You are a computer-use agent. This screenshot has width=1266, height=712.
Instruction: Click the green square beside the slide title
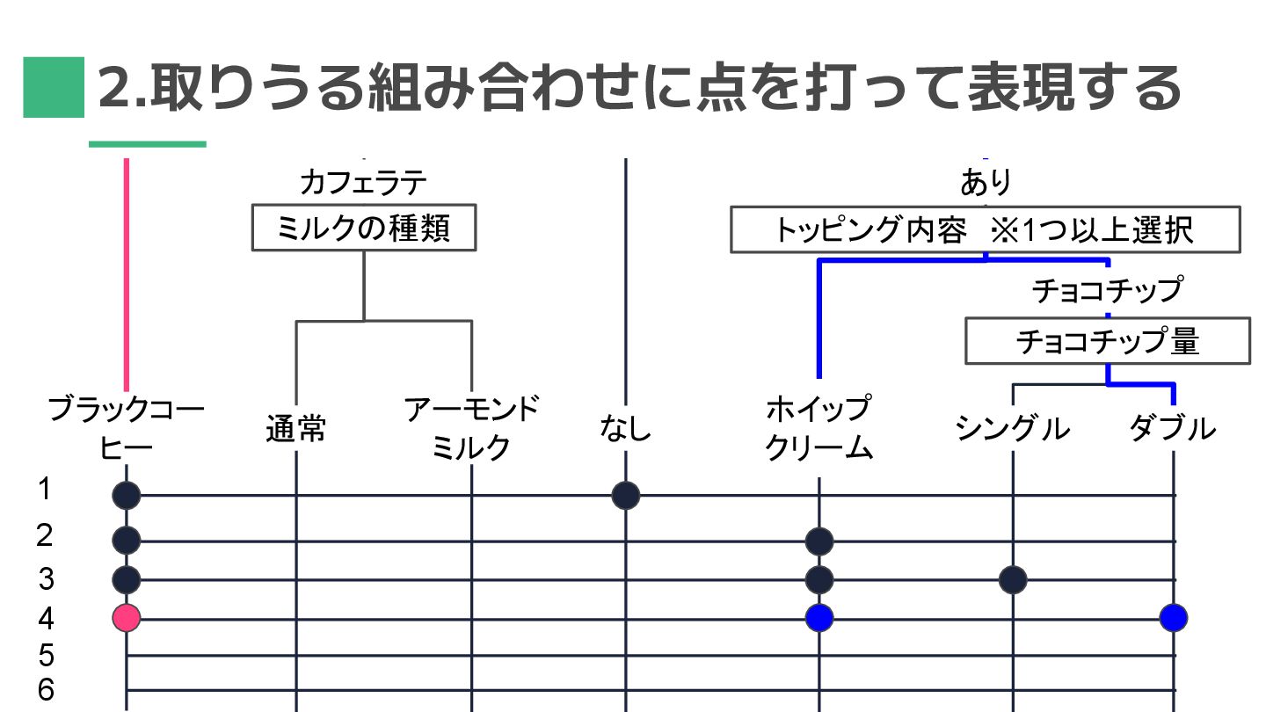pyautogui.click(x=54, y=87)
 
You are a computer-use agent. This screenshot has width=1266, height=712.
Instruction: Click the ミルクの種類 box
pyautogui.click(x=364, y=229)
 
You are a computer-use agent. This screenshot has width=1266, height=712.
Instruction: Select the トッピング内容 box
pyautogui.click(x=985, y=229)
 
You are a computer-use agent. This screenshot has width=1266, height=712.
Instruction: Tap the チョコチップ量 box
pyautogui.click(x=1107, y=341)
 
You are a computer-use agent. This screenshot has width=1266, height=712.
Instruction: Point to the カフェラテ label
pyautogui.click(x=363, y=183)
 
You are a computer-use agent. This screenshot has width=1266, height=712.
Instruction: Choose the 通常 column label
pyautogui.click(x=296, y=430)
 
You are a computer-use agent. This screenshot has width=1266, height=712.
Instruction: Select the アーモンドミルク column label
pyautogui.click(x=472, y=429)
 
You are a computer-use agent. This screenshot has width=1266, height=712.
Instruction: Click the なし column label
pyautogui.click(x=626, y=430)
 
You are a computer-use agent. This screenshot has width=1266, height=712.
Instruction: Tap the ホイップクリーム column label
pyautogui.click(x=819, y=429)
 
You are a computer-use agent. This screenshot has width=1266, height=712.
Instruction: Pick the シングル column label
pyautogui.click(x=1013, y=430)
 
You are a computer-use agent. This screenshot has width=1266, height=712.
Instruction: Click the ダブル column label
pyautogui.click(x=1173, y=430)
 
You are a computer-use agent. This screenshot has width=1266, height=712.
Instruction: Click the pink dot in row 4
pyautogui.click(x=127, y=618)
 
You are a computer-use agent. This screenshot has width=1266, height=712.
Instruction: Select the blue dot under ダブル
pyautogui.click(x=1174, y=618)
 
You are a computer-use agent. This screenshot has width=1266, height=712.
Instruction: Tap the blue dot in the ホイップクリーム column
pyautogui.click(x=819, y=618)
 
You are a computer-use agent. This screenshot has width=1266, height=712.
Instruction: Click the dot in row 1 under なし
pyautogui.click(x=626, y=496)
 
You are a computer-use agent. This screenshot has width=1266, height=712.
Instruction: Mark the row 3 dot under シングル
pyautogui.click(x=1013, y=580)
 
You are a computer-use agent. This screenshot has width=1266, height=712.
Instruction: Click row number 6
pyautogui.click(x=46, y=690)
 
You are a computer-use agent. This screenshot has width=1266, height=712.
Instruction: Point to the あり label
pyautogui.click(x=986, y=183)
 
